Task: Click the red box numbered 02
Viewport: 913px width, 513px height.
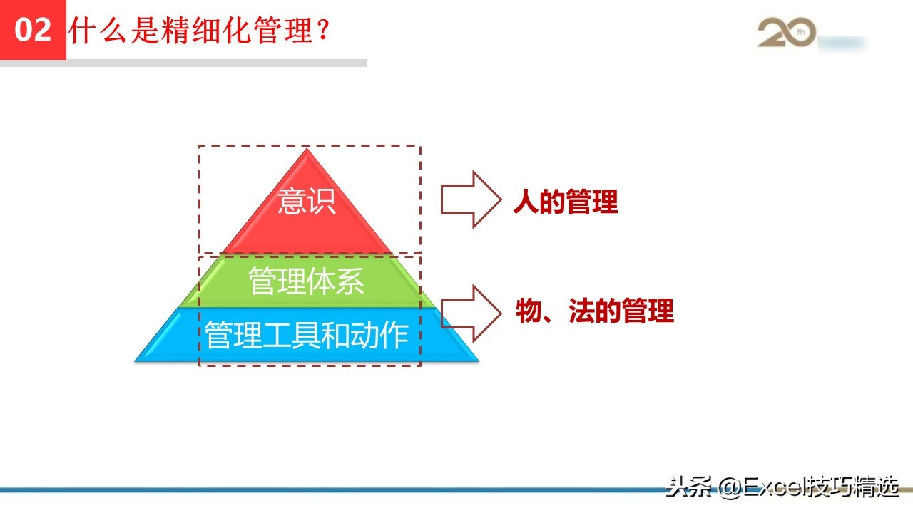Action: pyautogui.click(x=33, y=30)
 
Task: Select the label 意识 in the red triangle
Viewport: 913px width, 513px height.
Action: pyautogui.click(x=307, y=202)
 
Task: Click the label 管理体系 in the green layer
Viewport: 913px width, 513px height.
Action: pyautogui.click(x=307, y=281)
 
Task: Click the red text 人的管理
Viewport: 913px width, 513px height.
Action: pyautogui.click(x=566, y=203)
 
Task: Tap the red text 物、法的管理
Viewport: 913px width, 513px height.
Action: pyautogui.click(x=595, y=312)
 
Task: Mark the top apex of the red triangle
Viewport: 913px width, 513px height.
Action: pyautogui.click(x=307, y=150)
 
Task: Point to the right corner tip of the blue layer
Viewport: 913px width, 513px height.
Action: pyautogui.click(x=478, y=361)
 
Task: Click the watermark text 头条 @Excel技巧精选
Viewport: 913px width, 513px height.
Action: pyautogui.click(x=782, y=487)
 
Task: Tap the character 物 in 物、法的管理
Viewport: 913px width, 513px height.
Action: pyautogui.click(x=529, y=312)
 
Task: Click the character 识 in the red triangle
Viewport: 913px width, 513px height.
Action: pyautogui.click(x=322, y=202)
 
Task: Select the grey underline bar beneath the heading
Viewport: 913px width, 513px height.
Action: pyautogui.click(x=214, y=63)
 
